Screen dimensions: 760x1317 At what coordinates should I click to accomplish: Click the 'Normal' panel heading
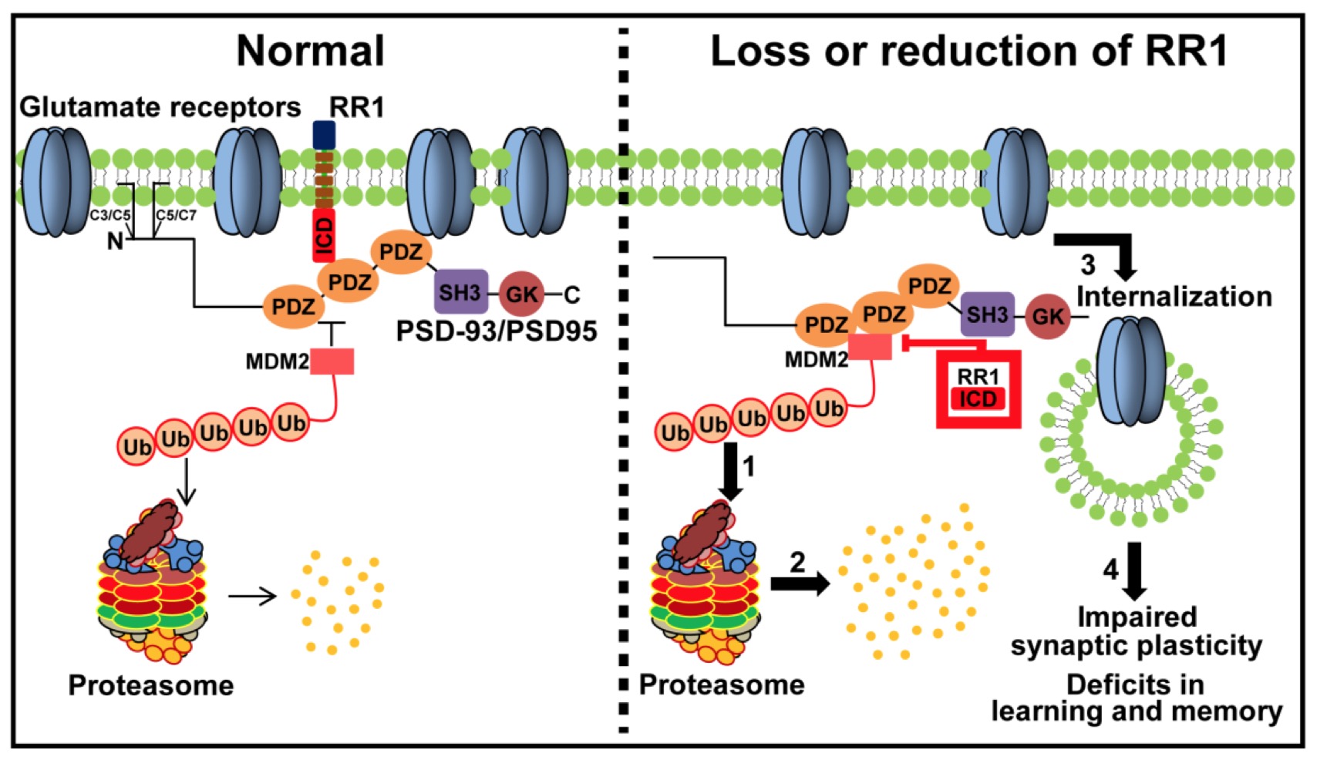(x=310, y=51)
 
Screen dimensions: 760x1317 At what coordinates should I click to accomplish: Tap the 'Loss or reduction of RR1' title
(x=968, y=51)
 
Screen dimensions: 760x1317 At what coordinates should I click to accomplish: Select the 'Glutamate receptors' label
(x=160, y=107)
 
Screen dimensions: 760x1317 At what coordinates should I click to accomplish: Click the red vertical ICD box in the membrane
(x=324, y=235)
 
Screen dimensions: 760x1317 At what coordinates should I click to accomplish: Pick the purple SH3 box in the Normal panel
(x=460, y=292)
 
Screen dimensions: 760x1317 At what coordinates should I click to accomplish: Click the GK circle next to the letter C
(x=522, y=294)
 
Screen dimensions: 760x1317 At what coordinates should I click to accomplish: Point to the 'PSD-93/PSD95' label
(x=497, y=331)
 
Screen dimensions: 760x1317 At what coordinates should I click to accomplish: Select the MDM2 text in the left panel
(x=277, y=361)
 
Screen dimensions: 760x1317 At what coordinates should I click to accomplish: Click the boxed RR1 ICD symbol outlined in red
(x=978, y=388)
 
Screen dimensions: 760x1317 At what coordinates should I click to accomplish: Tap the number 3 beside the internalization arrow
(x=1087, y=265)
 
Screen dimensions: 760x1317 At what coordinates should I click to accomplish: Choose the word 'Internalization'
(x=1174, y=296)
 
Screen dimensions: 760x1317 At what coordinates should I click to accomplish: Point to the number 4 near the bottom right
(x=1110, y=569)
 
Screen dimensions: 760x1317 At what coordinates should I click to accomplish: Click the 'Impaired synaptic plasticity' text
(x=1137, y=631)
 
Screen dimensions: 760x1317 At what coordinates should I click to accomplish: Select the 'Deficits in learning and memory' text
(x=1137, y=698)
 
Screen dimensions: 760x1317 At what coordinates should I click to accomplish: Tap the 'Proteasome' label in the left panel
(x=151, y=685)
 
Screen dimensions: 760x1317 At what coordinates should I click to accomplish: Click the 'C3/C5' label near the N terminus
(x=110, y=215)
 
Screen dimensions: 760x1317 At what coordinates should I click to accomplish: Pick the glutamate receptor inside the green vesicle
(x=1131, y=372)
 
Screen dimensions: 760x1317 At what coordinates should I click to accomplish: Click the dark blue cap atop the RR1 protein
(x=324, y=135)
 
